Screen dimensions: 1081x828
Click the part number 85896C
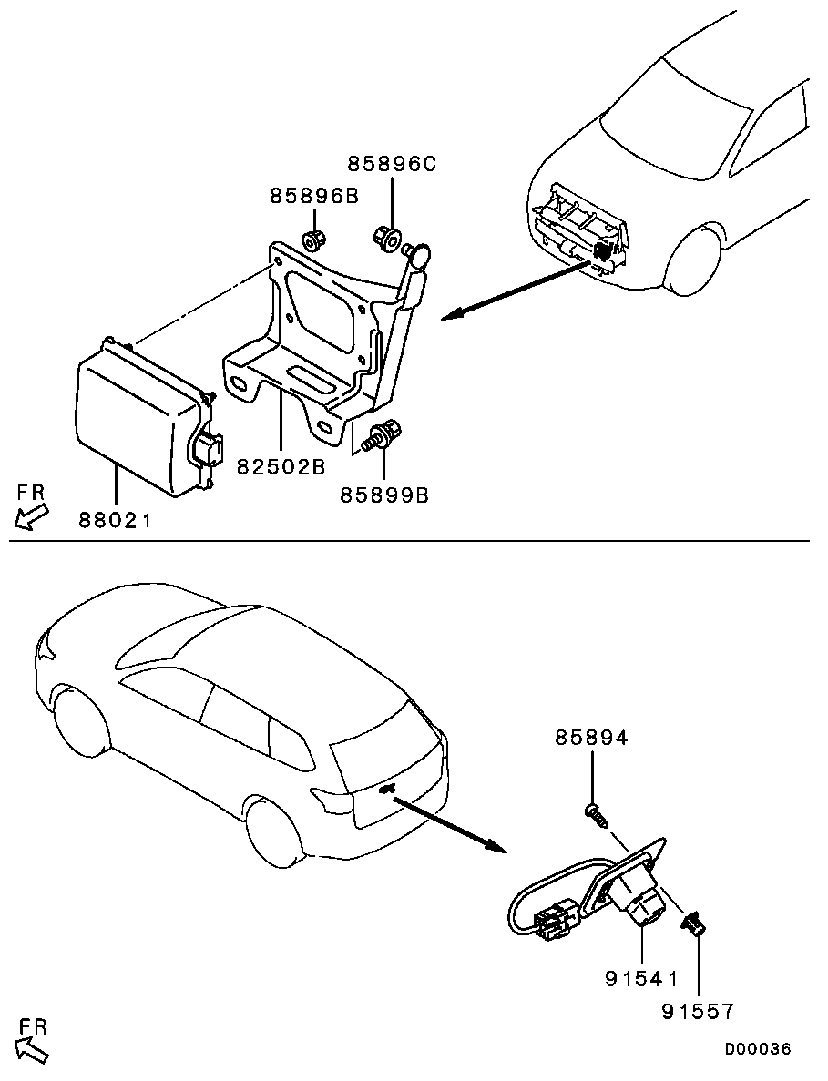392,164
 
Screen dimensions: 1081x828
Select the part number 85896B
314,196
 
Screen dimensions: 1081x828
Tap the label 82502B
281,466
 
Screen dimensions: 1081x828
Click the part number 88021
114,521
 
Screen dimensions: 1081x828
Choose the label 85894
592,739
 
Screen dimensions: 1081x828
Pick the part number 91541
641,979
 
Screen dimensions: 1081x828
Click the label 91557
698,1011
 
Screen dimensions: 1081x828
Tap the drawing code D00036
758,1049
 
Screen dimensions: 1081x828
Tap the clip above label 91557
696,926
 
